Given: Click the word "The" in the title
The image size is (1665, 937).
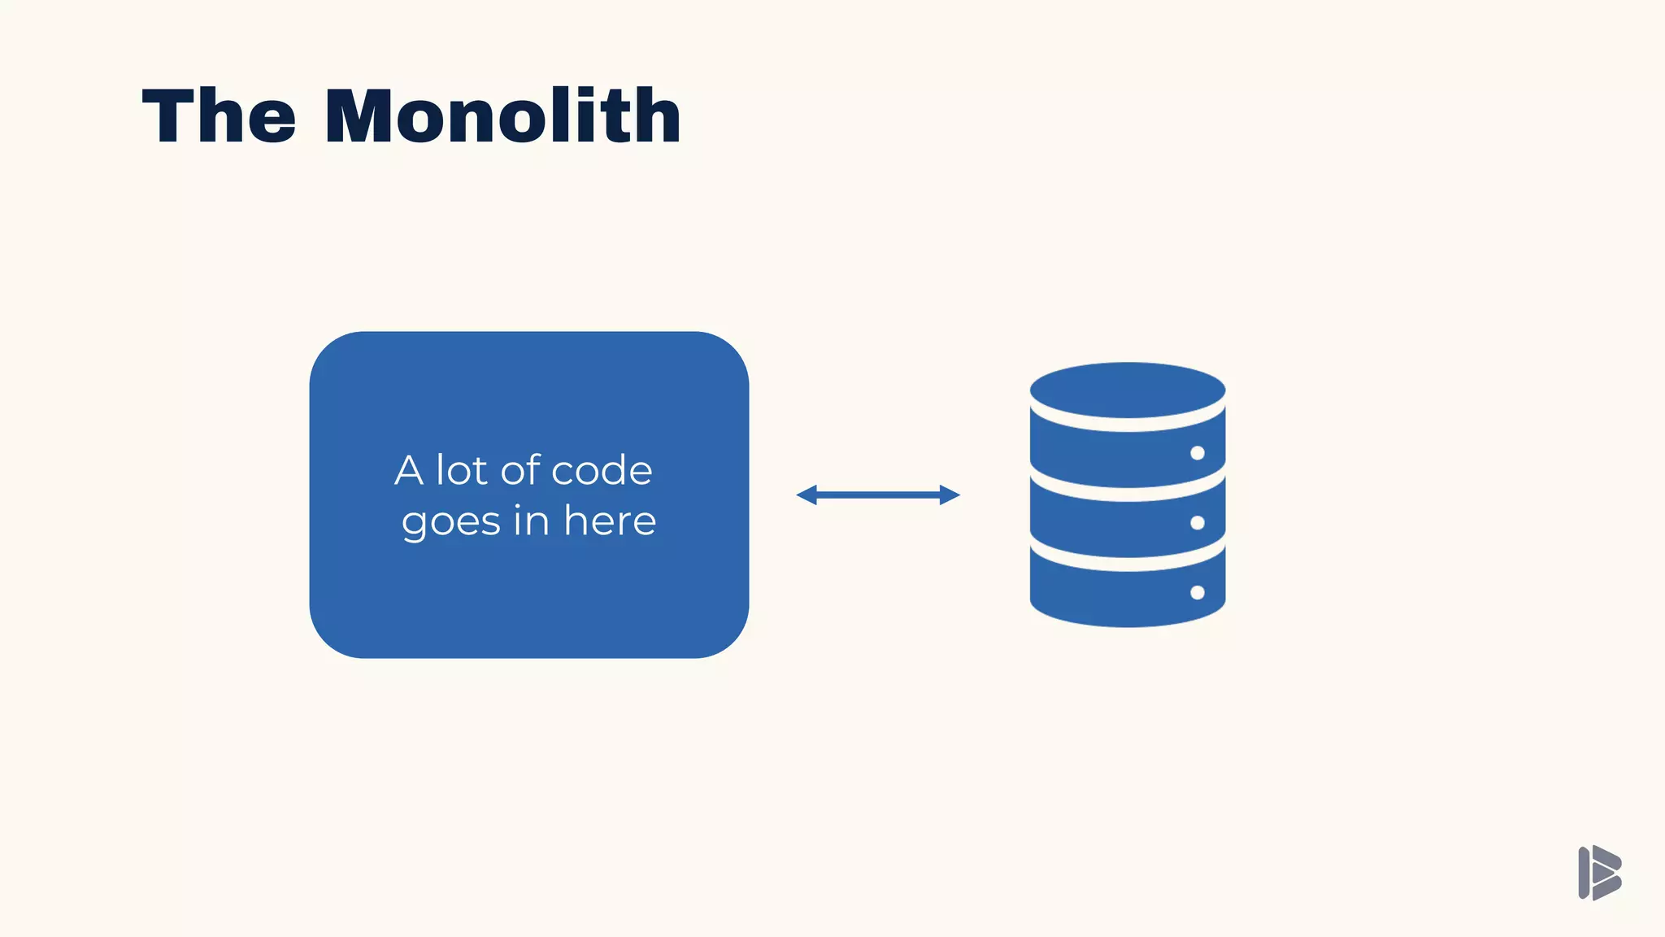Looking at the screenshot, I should (x=219, y=116).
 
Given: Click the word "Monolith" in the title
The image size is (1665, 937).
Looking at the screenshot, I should (x=502, y=116).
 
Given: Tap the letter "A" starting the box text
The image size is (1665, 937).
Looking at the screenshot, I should (x=409, y=471).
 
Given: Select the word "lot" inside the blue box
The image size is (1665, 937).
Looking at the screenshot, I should (x=462, y=470).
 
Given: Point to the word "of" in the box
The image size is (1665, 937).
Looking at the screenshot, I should (x=520, y=470).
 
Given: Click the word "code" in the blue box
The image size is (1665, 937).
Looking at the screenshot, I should (x=602, y=470).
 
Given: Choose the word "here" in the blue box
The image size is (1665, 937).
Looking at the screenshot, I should (x=610, y=521).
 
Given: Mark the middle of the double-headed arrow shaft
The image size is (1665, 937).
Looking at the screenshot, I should (x=878, y=495).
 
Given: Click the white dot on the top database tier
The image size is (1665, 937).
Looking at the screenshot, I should (x=1198, y=453).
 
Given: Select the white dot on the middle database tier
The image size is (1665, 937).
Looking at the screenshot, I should (x=1198, y=522).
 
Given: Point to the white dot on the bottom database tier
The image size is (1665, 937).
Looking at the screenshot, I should (x=1198, y=592).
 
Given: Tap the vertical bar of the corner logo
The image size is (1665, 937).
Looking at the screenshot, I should (x=1584, y=873).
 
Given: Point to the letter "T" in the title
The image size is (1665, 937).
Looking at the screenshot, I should (x=167, y=116).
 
